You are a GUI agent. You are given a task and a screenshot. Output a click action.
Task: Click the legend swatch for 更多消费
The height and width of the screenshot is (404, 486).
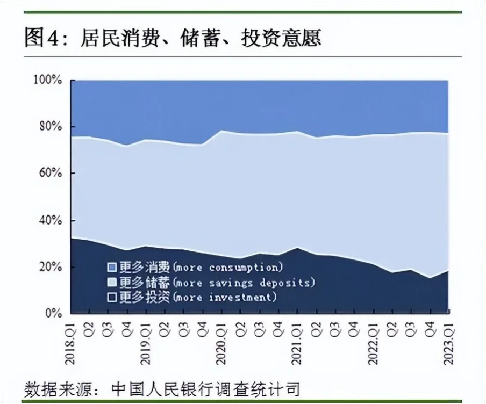tap(111, 267)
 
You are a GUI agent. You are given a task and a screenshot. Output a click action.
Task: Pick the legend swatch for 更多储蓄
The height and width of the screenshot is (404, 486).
tap(111, 282)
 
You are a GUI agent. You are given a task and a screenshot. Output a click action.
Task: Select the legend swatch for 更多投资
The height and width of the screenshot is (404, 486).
tap(111, 297)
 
